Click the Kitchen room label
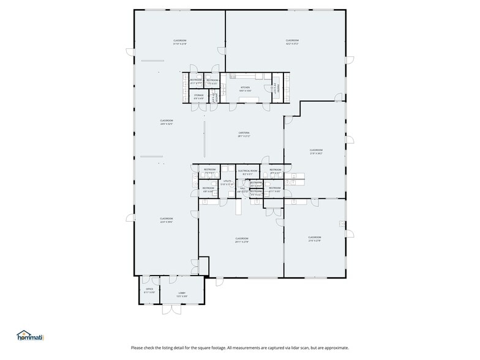pyautogui.click(x=245, y=88)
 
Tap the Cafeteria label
pyautogui.click(x=244, y=133)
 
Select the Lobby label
pyautogui.click(x=182, y=293)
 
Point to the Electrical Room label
pyautogui.click(x=247, y=171)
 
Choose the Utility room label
pyautogui.click(x=227, y=181)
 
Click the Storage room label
pyautogui.click(x=199, y=96)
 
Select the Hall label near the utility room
pyautogui.click(x=242, y=189)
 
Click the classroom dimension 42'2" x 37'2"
pyautogui.click(x=292, y=44)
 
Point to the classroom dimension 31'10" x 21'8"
pyautogui.click(x=179, y=44)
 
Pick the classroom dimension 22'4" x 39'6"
pyautogui.click(x=166, y=222)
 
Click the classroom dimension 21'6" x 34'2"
pyautogui.click(x=315, y=153)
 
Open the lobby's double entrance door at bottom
pyautogui.click(x=171, y=310)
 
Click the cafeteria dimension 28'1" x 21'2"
pyautogui.click(x=244, y=136)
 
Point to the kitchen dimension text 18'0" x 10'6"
pyautogui.click(x=245, y=91)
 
